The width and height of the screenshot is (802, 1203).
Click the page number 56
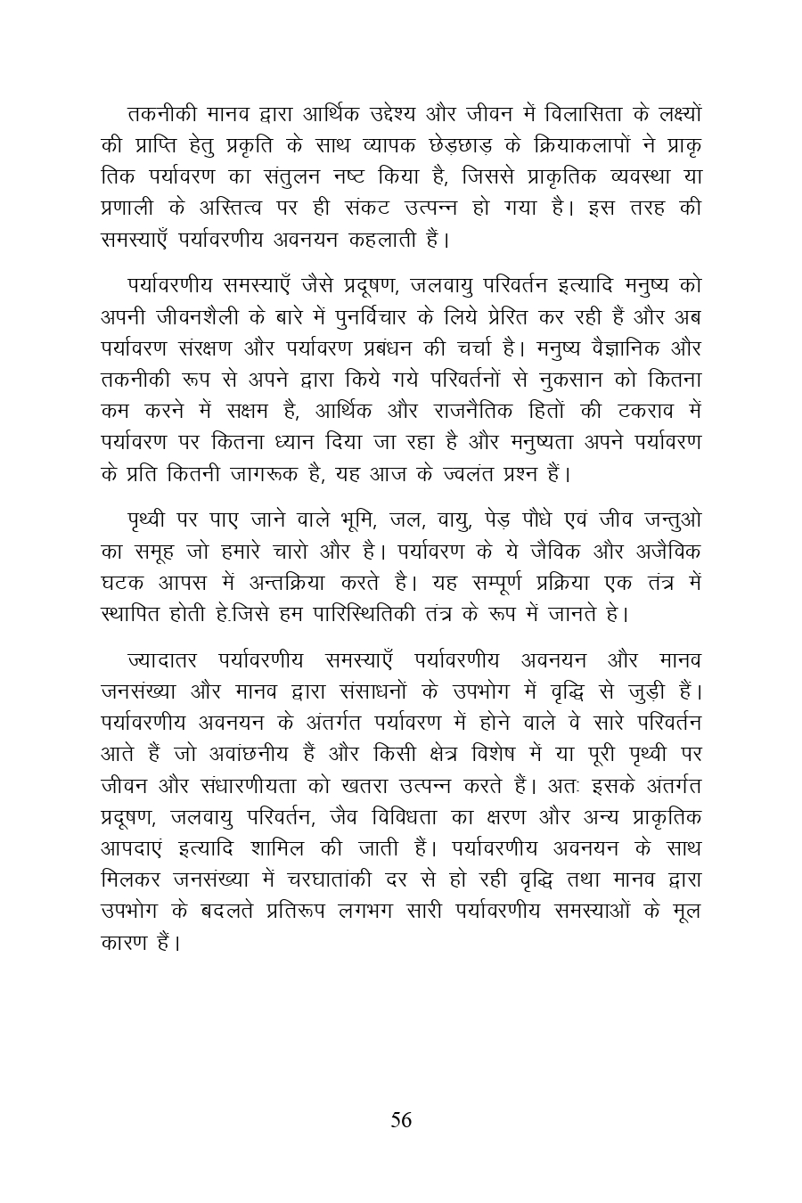tap(401, 1120)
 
